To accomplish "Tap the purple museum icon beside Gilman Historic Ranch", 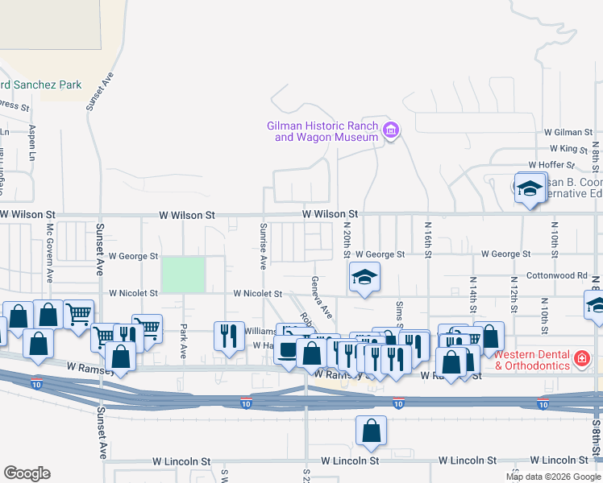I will point(391,130).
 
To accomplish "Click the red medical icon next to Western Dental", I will point(580,356).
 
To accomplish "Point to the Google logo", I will point(27,473).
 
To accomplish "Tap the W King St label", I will point(569,149).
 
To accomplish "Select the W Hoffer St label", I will point(567,165).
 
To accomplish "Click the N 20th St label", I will point(347,240).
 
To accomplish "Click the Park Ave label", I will point(184,341).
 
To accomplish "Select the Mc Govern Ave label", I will point(49,253).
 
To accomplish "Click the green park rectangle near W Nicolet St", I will point(183,275).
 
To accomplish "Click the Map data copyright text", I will point(552,476).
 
